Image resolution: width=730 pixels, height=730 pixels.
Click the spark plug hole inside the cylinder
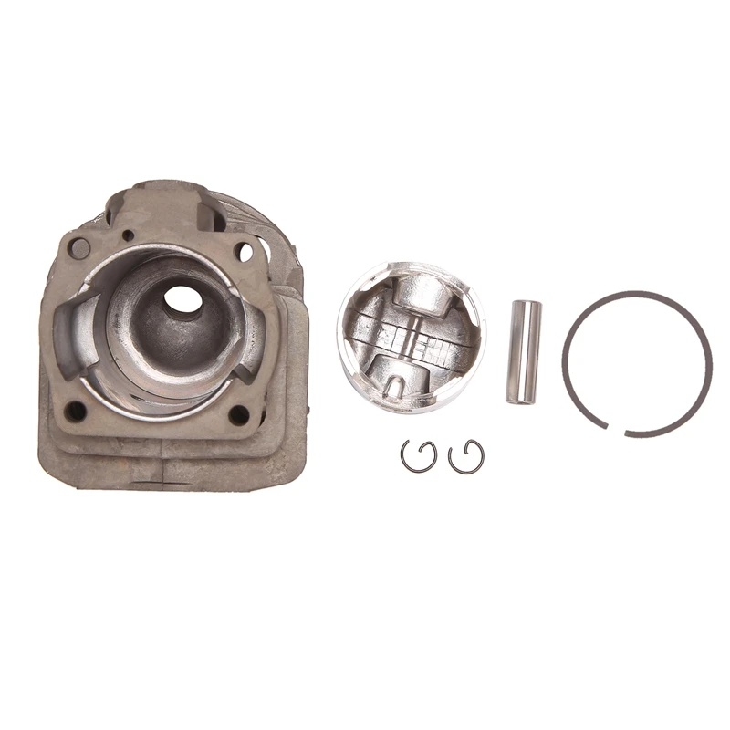pos(183,298)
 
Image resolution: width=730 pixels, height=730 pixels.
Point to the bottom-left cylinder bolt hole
pos(76,412)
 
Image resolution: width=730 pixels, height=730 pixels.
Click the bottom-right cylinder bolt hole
pos(239,415)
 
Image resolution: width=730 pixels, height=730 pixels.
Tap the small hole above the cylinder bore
pos(129,235)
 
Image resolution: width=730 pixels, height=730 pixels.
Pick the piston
pos(411,338)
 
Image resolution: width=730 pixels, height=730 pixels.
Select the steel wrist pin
pos(524,351)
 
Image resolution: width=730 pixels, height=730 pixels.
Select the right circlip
pos(466,456)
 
